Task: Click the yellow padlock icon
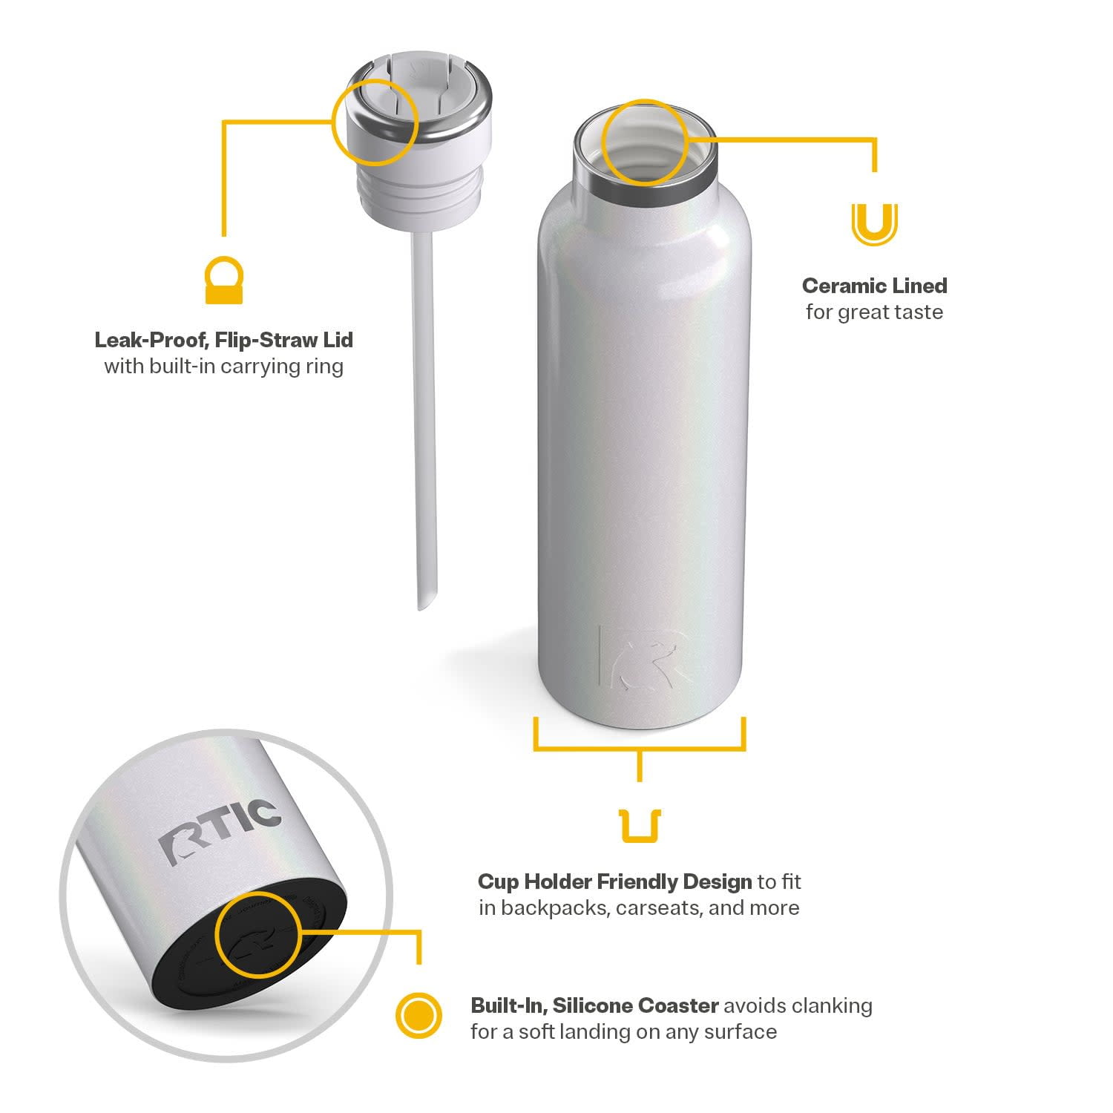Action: pos(224,280)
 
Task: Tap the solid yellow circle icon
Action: pos(418,1014)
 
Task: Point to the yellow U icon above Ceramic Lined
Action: pos(874,225)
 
